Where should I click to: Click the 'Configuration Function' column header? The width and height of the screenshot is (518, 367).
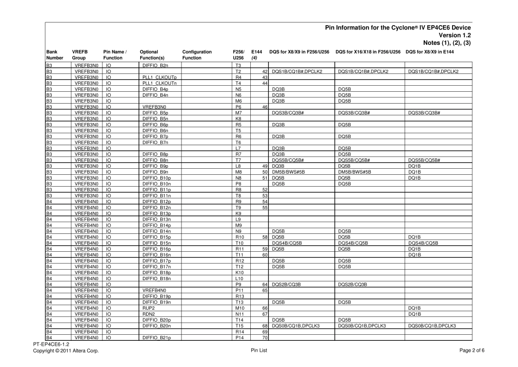coord(197,55)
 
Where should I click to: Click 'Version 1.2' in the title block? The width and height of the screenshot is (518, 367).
coord(454,35)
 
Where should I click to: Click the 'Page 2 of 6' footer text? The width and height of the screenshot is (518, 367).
coord(471,350)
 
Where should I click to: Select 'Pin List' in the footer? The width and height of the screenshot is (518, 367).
coord(258,350)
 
